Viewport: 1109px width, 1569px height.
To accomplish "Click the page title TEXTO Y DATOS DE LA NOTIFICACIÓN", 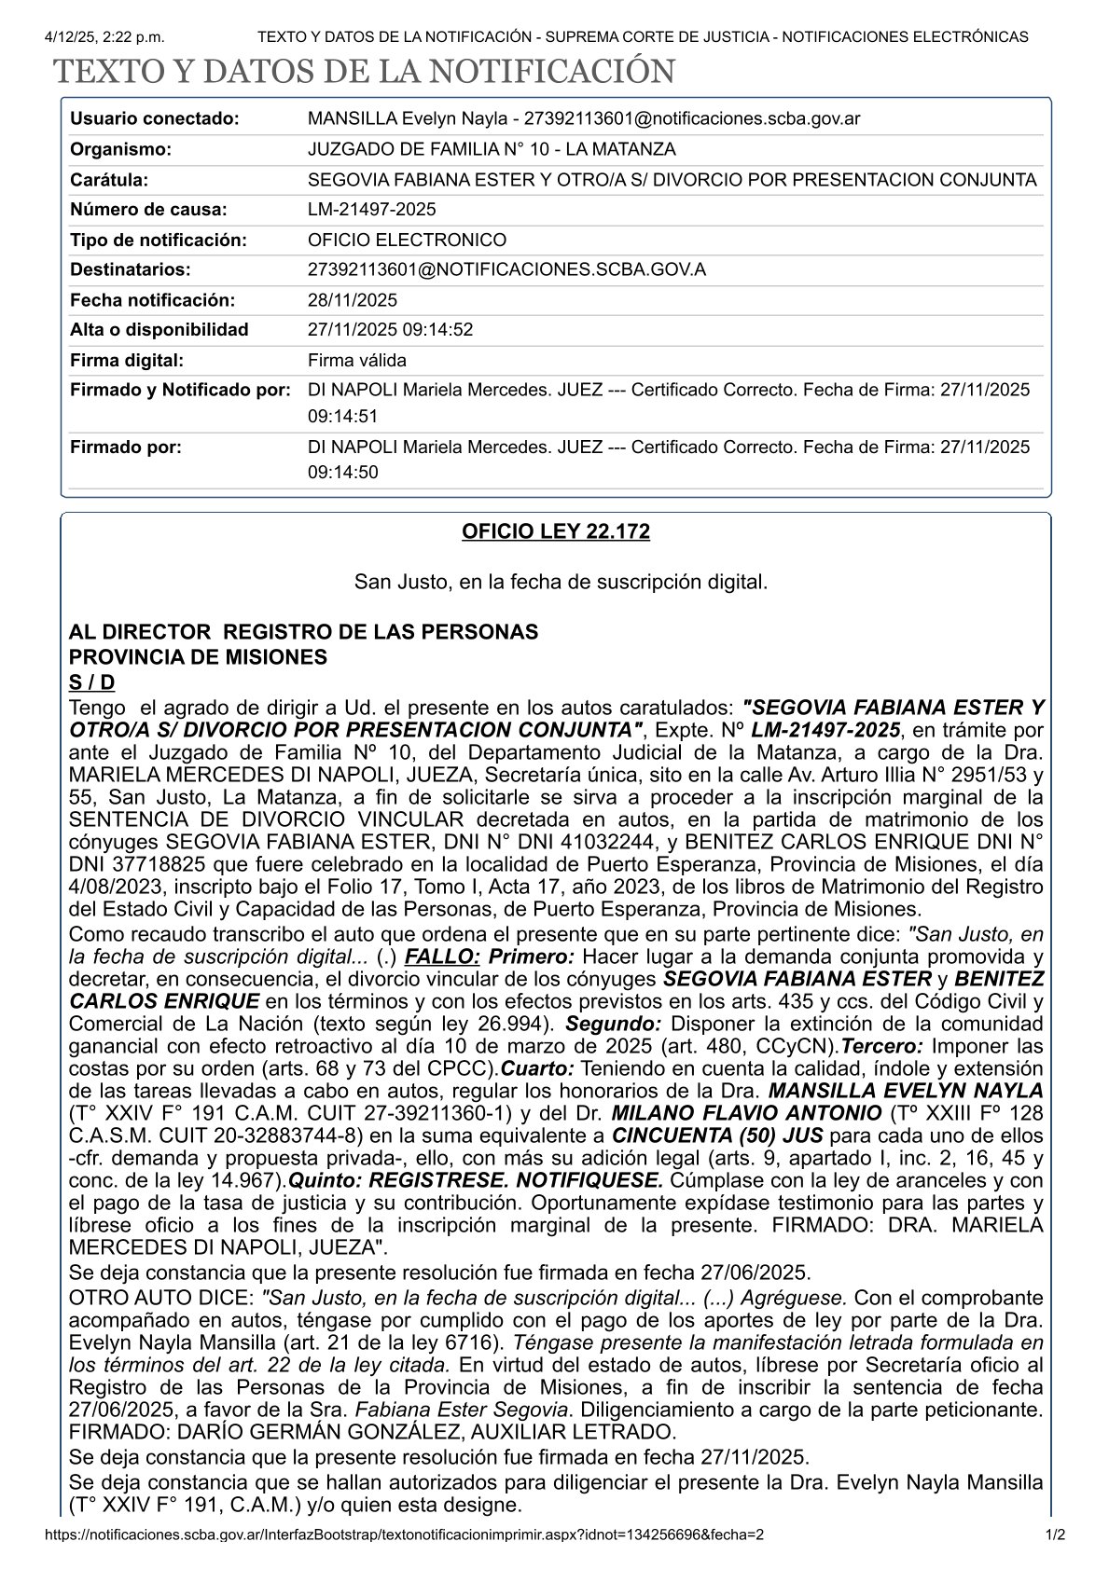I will click(x=363, y=72).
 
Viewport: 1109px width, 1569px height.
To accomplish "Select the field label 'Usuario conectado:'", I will click(x=155, y=118).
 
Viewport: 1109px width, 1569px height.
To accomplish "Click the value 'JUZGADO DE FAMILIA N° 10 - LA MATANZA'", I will click(x=492, y=149).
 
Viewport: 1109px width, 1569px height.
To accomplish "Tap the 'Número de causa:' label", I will click(x=148, y=210).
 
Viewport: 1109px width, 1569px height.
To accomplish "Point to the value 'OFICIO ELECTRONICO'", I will click(x=407, y=240).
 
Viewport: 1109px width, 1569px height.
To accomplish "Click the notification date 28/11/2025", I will click(x=353, y=300).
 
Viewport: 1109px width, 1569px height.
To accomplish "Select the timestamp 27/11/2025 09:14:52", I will click(x=391, y=329).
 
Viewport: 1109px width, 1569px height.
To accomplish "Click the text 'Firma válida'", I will click(x=357, y=360).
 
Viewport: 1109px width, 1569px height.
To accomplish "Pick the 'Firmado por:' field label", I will click(x=126, y=447).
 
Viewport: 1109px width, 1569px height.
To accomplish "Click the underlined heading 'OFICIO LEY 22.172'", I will click(x=556, y=531).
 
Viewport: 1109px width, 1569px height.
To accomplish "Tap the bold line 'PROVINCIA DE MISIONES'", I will click(x=198, y=657).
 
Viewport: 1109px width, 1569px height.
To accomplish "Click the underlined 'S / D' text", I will click(x=92, y=682).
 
